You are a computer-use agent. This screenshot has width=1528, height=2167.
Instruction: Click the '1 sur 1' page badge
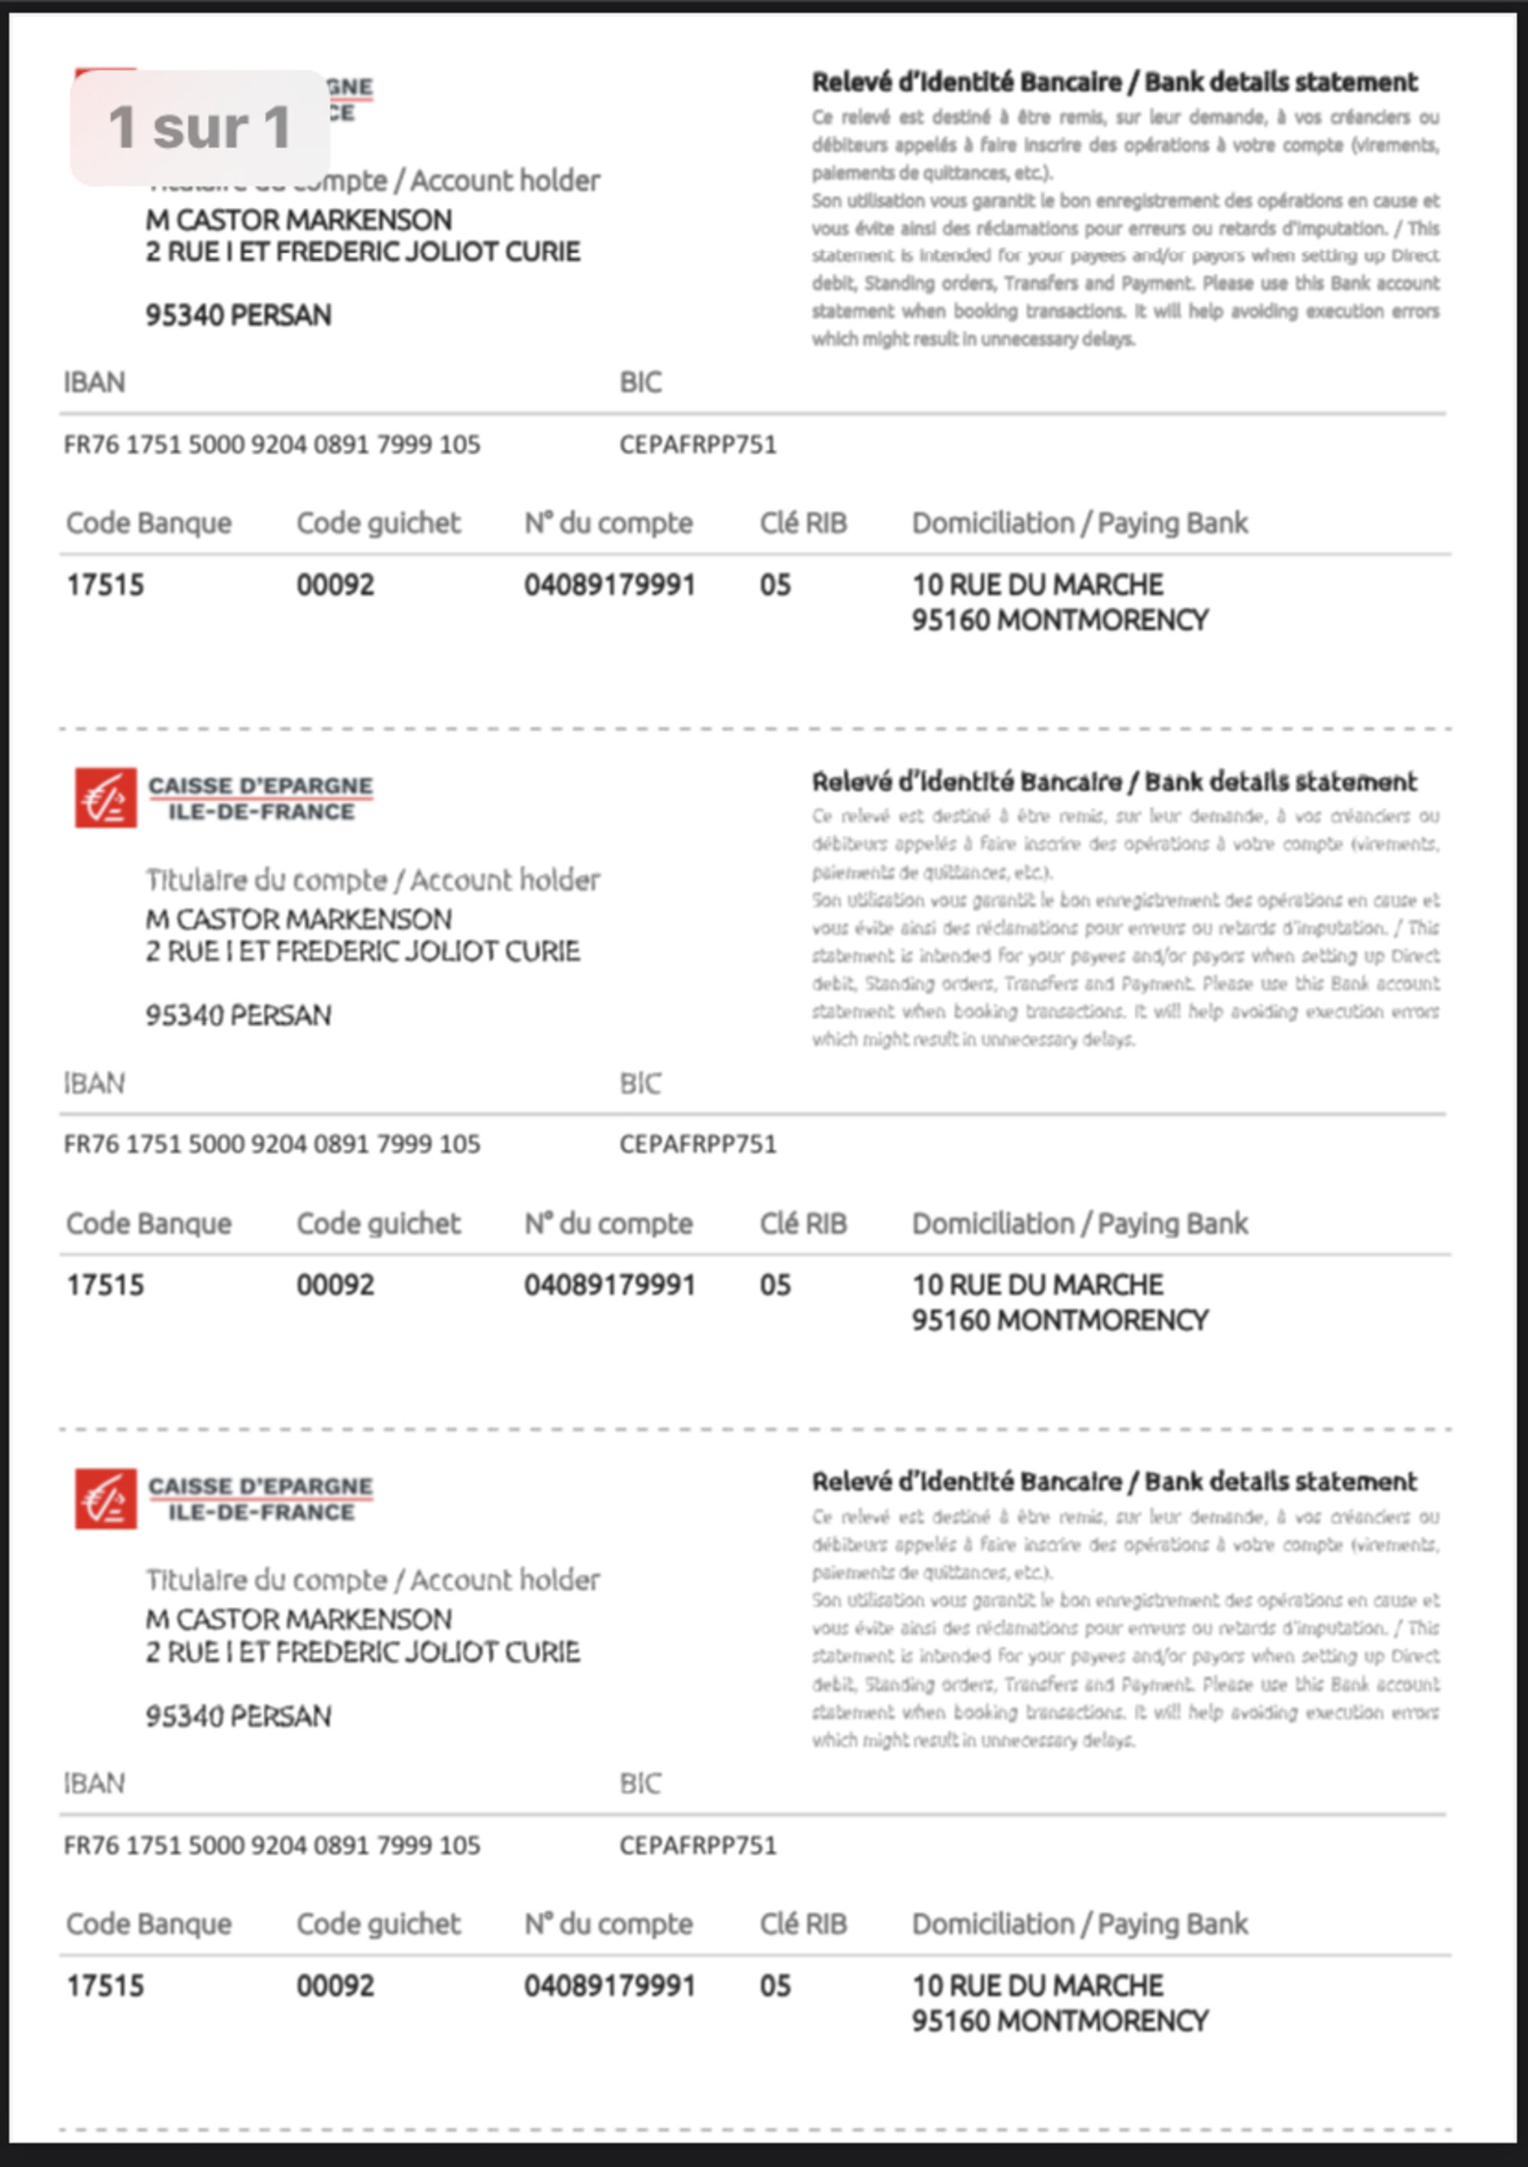(x=199, y=128)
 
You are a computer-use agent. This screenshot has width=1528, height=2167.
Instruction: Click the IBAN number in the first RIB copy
(x=272, y=445)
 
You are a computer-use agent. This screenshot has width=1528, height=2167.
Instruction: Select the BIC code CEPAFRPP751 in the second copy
(x=698, y=1144)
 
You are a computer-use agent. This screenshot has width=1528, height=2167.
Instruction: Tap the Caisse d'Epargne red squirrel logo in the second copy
(x=105, y=798)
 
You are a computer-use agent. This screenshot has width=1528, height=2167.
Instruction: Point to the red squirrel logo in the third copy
(x=105, y=1498)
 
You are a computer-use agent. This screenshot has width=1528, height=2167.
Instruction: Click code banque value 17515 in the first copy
(x=105, y=585)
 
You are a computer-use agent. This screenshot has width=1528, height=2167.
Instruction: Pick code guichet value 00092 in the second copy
(x=335, y=1285)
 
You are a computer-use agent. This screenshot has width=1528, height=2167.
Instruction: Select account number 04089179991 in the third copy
(x=610, y=1986)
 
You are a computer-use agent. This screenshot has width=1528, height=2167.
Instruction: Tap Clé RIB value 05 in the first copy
(x=775, y=585)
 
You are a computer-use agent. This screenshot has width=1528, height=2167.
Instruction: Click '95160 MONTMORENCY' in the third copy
(x=1059, y=2021)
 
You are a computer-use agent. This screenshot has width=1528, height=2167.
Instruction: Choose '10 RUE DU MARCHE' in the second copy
(x=1038, y=1285)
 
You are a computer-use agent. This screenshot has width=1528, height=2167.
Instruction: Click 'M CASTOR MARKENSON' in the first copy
(x=298, y=220)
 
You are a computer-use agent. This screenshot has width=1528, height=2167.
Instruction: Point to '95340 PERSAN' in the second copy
(x=238, y=1015)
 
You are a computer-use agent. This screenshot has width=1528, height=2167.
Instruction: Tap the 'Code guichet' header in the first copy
(x=378, y=523)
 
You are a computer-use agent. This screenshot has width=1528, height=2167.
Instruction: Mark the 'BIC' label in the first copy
(x=640, y=382)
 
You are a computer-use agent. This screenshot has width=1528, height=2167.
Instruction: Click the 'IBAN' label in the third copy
(x=93, y=1784)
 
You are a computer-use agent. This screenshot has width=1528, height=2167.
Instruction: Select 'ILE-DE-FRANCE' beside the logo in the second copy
(x=261, y=811)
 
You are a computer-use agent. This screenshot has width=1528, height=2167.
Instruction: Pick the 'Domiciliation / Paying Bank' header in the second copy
(x=1079, y=1224)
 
